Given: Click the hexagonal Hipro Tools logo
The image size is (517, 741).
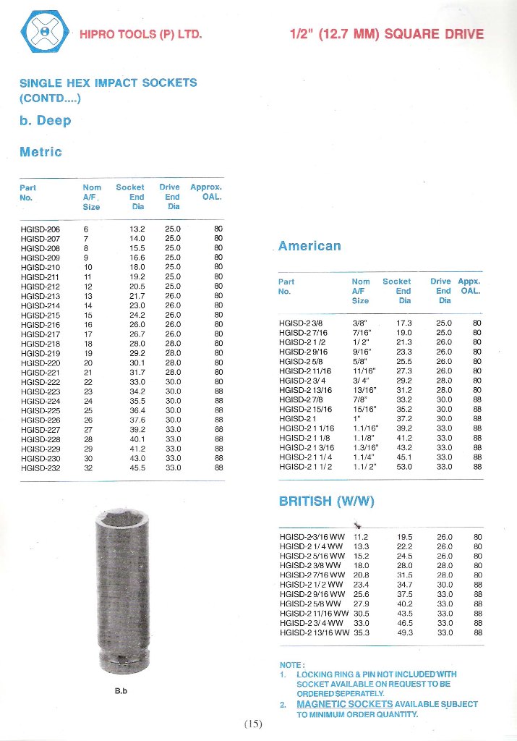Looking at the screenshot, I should point(45,33).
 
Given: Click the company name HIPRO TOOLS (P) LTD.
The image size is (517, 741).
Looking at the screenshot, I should point(140,35).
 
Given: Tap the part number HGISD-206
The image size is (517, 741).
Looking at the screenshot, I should point(40,229).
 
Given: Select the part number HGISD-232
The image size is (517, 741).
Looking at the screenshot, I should point(40,467).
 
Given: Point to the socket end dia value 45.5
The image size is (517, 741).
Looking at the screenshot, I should point(137,467).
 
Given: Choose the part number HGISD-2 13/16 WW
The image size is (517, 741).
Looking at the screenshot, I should point(312,632).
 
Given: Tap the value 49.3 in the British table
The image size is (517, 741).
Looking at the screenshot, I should point(405,632).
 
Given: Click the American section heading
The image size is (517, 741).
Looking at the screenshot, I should point(309,246).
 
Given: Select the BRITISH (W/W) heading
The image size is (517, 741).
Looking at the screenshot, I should point(327,501).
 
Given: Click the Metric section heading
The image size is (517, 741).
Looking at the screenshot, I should point(40,152).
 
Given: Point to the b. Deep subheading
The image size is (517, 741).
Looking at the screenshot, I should point(45,120).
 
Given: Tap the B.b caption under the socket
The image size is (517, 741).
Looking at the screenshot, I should point(121,690).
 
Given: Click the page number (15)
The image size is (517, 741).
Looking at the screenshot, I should point(253,724).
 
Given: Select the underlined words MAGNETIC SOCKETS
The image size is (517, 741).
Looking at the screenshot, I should point(344,703).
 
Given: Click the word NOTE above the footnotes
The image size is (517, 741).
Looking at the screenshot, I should point(291,665).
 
